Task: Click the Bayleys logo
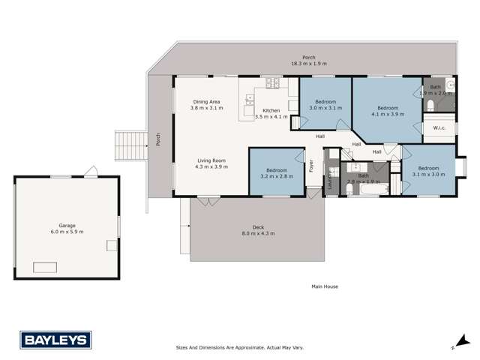pyautogui.click(x=55, y=340)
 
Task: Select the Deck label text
pyautogui.click(x=259, y=230)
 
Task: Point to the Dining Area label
pyautogui.click(x=206, y=106)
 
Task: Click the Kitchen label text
pyautogui.click(x=271, y=112)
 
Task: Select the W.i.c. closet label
pyautogui.click(x=439, y=128)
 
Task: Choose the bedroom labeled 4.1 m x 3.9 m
pyautogui.click(x=387, y=110)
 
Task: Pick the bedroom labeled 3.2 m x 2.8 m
pyautogui.click(x=276, y=173)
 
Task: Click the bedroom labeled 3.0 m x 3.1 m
pyautogui.click(x=325, y=104)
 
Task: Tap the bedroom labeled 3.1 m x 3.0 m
pyautogui.click(x=428, y=170)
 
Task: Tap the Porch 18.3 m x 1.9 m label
pyautogui.click(x=308, y=61)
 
